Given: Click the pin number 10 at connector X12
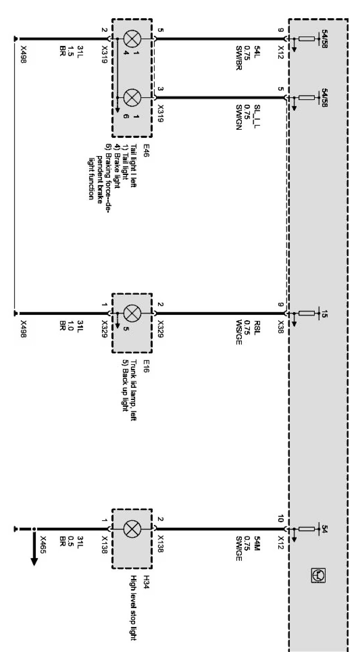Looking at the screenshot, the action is (281, 519).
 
